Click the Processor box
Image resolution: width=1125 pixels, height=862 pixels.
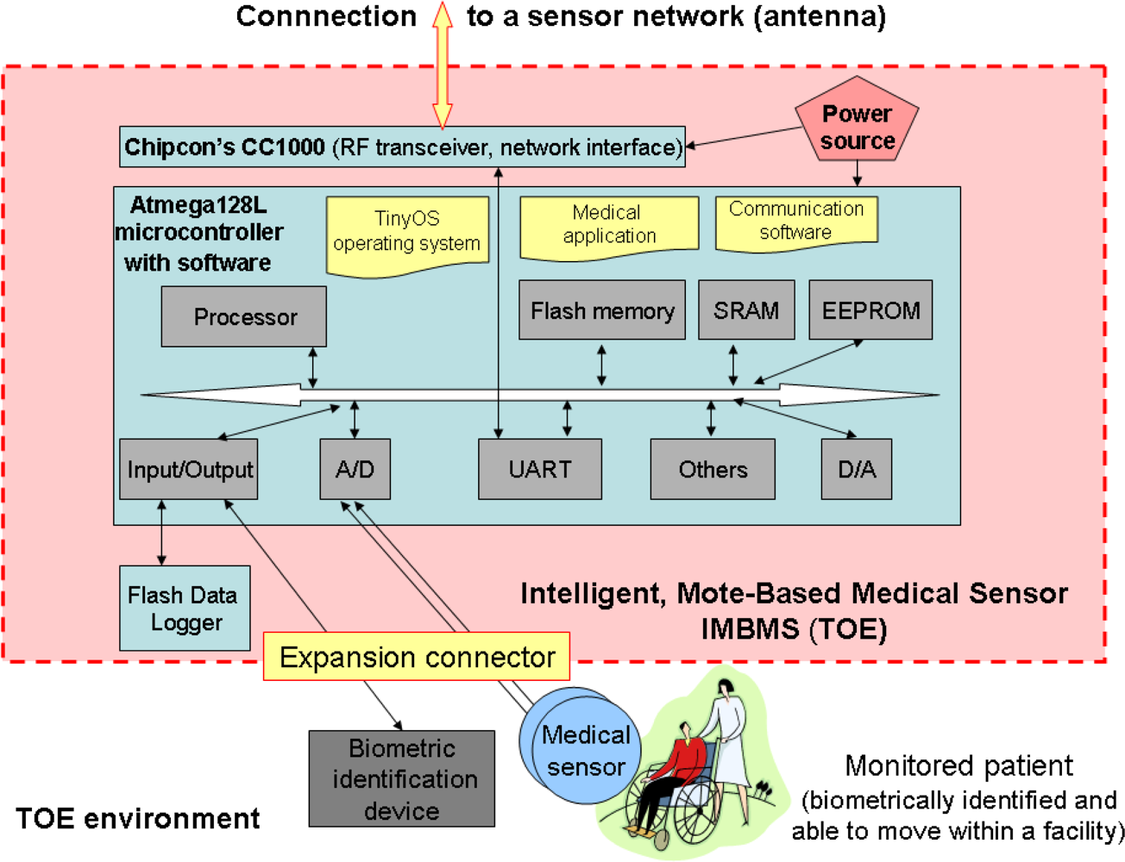coord(243,317)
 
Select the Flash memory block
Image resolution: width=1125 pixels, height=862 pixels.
coord(602,310)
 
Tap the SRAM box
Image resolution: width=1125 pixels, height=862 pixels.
coord(746,310)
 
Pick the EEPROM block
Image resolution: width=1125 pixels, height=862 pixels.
coord(870,310)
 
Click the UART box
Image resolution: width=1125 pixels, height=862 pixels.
coord(540,470)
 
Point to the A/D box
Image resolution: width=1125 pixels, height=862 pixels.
coord(355,470)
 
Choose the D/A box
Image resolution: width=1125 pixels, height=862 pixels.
coord(856,470)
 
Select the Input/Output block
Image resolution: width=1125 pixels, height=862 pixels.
coord(189,470)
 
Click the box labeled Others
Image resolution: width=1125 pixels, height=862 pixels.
coord(713,470)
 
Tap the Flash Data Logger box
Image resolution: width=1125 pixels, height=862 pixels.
coord(184,609)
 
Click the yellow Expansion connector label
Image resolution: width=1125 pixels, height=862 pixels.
coord(417,657)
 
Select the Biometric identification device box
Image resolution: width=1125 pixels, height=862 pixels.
coord(402,779)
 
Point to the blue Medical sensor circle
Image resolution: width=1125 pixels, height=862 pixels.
coord(587,751)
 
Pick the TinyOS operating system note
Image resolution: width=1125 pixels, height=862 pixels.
coord(407,233)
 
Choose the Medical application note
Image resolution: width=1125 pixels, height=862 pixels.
coord(609,226)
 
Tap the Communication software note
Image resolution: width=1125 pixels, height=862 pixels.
coord(796,222)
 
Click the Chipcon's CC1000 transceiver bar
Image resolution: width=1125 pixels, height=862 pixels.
coord(402,147)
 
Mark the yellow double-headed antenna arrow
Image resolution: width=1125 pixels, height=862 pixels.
coord(443,65)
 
